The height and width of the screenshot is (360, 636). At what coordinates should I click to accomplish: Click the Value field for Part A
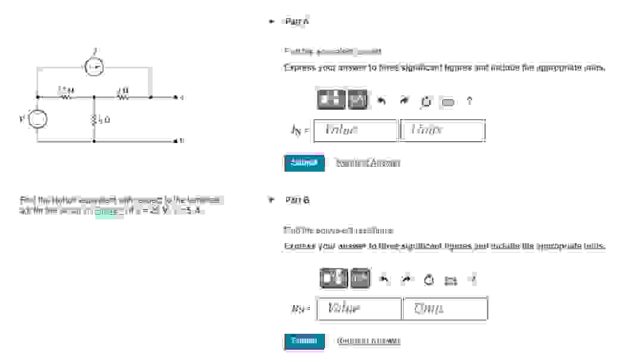(355, 131)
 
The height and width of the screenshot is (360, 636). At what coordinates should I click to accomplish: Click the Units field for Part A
(443, 131)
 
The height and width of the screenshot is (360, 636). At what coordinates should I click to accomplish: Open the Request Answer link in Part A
(368, 163)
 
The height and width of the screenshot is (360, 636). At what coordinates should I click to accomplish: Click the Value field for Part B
(359, 309)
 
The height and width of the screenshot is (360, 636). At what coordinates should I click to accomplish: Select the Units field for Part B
(445, 309)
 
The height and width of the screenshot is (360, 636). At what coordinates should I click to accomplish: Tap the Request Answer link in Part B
(368, 341)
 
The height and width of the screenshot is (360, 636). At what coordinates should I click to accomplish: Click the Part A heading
(297, 22)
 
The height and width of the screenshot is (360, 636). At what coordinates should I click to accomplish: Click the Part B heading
(297, 200)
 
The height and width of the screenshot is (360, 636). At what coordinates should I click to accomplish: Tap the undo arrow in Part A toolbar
(382, 101)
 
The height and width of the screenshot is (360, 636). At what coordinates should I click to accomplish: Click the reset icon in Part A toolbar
(426, 101)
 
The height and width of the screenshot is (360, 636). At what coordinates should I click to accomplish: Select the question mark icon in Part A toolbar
(469, 101)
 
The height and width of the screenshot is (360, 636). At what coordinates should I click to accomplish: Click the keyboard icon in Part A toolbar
(447, 101)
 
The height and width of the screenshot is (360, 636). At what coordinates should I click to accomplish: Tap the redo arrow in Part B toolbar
(407, 279)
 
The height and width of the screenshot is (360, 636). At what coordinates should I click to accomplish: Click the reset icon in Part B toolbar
(428, 279)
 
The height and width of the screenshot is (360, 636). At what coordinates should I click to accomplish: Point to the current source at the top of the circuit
(94, 69)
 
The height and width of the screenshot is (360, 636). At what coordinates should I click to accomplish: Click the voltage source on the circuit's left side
(37, 119)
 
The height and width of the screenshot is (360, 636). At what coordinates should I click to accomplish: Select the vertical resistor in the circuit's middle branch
(94, 119)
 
